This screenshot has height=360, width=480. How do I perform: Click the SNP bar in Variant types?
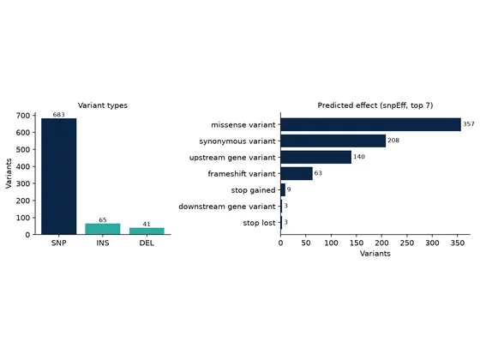59,177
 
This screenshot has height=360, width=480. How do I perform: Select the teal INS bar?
103,229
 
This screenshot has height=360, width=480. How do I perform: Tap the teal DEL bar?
147,231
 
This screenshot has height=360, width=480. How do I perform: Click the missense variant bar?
370,124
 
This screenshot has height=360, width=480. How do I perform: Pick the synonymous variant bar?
333,141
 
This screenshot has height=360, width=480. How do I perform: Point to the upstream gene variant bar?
316,157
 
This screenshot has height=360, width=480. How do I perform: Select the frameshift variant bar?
297,173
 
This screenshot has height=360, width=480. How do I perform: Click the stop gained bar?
283,189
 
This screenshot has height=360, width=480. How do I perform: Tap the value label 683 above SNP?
59,115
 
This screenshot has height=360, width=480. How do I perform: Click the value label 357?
469,124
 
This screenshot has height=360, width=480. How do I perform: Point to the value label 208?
393,141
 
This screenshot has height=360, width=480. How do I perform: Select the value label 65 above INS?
103,220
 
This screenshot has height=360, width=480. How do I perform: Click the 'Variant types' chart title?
103,105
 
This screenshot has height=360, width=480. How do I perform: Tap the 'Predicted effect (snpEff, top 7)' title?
375,105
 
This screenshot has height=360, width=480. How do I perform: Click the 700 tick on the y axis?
23,116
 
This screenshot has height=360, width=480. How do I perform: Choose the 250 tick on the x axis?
407,243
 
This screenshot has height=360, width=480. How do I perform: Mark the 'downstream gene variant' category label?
227,207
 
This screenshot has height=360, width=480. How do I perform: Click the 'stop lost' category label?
259,223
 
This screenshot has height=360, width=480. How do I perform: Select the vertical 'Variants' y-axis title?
9,173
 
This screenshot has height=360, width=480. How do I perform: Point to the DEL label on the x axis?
147,243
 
